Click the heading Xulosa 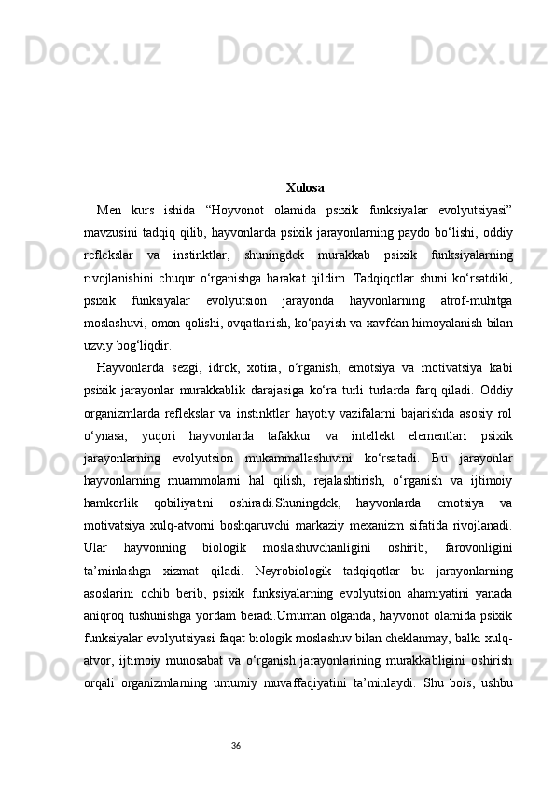click(305, 187)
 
